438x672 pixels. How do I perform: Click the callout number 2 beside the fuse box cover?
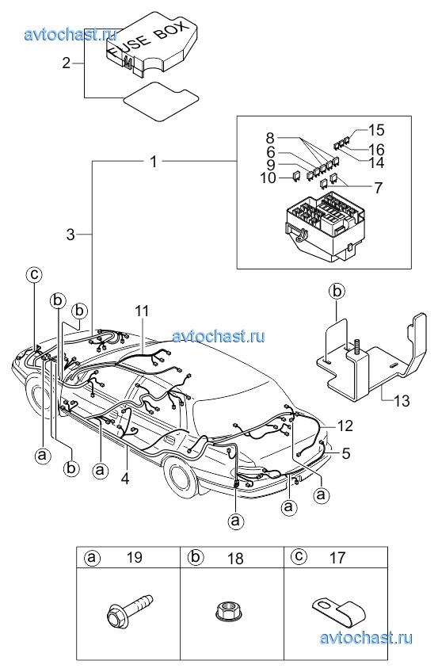[66, 63]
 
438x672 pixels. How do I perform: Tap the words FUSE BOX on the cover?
[147, 40]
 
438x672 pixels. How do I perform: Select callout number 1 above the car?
[154, 162]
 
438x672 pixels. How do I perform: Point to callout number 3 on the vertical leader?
[70, 235]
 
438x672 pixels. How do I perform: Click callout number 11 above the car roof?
[142, 311]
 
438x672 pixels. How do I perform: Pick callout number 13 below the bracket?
[402, 401]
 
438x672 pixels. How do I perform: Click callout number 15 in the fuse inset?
[376, 130]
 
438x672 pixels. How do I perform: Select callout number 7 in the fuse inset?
[378, 188]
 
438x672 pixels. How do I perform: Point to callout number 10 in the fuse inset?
[269, 178]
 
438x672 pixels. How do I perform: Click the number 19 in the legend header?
[134, 557]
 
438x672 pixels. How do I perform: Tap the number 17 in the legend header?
[337, 558]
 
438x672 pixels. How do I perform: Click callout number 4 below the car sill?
[125, 478]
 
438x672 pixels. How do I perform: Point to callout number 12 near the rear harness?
[345, 426]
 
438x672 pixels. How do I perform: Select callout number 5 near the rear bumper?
[346, 453]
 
